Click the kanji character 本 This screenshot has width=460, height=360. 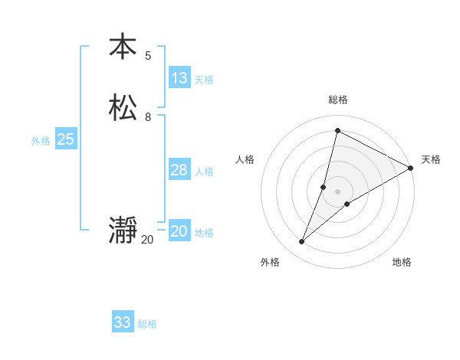point(123,46)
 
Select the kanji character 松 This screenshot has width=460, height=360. point(123,107)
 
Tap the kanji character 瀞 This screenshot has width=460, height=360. point(123,231)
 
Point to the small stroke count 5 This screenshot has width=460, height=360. point(148,55)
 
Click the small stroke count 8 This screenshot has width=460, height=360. point(148,117)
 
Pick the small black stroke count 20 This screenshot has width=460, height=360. point(147,240)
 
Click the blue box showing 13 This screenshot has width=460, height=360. point(179,78)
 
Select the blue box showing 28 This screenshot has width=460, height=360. point(179,170)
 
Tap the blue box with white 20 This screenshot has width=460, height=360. point(179,231)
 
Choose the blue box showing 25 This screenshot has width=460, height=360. point(66,139)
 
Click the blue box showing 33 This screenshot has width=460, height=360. point(123,322)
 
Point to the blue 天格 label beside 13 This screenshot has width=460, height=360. point(204,80)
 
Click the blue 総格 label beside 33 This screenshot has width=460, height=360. point(147,324)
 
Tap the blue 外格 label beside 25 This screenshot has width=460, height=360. point(41,141)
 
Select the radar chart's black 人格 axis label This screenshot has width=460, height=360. point(245,159)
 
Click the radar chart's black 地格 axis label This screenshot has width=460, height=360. point(402,262)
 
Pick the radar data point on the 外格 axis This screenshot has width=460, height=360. point(302,242)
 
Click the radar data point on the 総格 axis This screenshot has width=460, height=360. point(337,130)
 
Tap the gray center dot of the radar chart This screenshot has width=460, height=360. point(337,191)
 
